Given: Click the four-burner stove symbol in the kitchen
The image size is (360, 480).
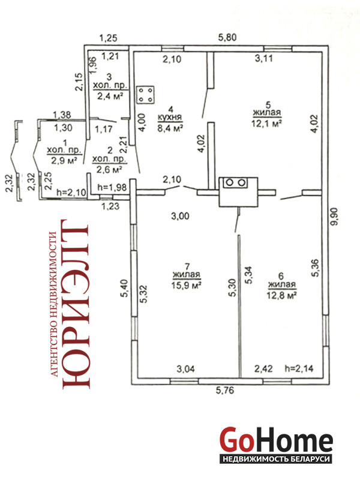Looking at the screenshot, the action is [145, 95].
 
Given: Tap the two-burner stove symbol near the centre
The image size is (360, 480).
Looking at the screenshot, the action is [235, 183].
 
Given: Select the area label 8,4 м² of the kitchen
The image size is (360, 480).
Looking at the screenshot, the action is [170, 128].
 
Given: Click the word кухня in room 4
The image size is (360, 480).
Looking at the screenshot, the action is [170, 117].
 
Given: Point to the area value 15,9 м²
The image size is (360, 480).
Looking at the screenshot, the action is [187, 286].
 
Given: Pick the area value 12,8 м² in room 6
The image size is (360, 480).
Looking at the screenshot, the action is [282, 295].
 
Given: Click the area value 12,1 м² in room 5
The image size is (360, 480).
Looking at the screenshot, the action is [267, 124].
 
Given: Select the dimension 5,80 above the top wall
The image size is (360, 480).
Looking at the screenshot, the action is [227, 37].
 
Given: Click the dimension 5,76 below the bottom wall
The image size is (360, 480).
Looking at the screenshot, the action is [225, 391].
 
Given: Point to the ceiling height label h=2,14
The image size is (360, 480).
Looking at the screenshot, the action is [299, 368].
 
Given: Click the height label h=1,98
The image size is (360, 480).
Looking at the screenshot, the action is [112, 187].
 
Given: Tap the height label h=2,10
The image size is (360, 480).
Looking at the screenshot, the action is [71, 192].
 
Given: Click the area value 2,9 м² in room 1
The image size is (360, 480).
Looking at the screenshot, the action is [64, 160].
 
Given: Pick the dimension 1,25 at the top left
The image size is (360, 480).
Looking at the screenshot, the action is [109, 38].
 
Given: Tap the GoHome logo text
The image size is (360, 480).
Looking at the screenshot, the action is [276, 440].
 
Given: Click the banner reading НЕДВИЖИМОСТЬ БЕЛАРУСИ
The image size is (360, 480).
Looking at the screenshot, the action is [276, 459].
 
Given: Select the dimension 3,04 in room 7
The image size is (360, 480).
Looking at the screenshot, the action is [185, 369].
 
